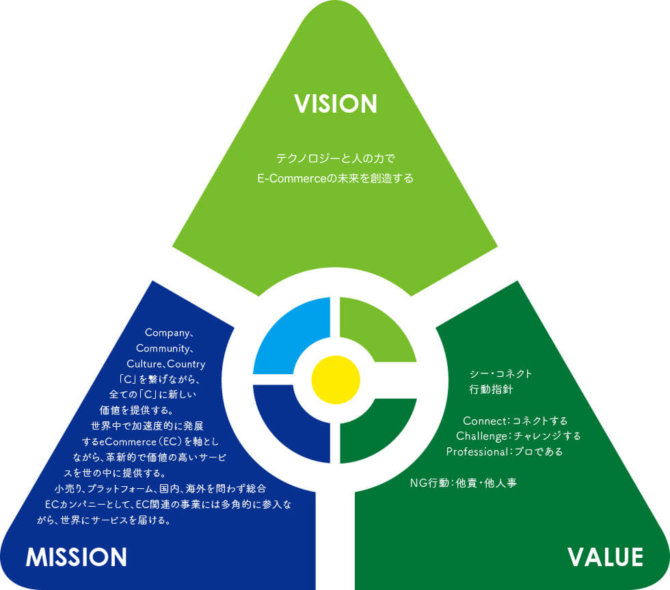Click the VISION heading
(x=335, y=104)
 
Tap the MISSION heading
(x=77, y=557)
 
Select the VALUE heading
(x=605, y=557)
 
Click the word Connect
(x=482, y=421)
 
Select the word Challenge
(x=480, y=436)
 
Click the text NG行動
(x=429, y=483)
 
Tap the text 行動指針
(x=486, y=390)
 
